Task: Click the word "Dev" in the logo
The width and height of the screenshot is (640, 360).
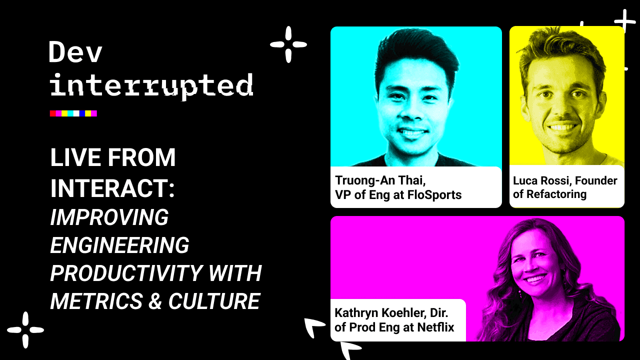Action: [75, 52]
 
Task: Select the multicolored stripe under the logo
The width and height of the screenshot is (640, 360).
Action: [73, 113]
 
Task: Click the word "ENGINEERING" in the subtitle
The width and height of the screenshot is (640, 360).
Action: [119, 245]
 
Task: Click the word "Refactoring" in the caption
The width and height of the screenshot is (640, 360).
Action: [556, 194]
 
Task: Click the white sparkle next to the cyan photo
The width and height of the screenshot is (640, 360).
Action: [288, 44]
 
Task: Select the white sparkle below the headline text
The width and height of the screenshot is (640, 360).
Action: [25, 330]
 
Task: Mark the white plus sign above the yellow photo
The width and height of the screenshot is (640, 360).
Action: [624, 22]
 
